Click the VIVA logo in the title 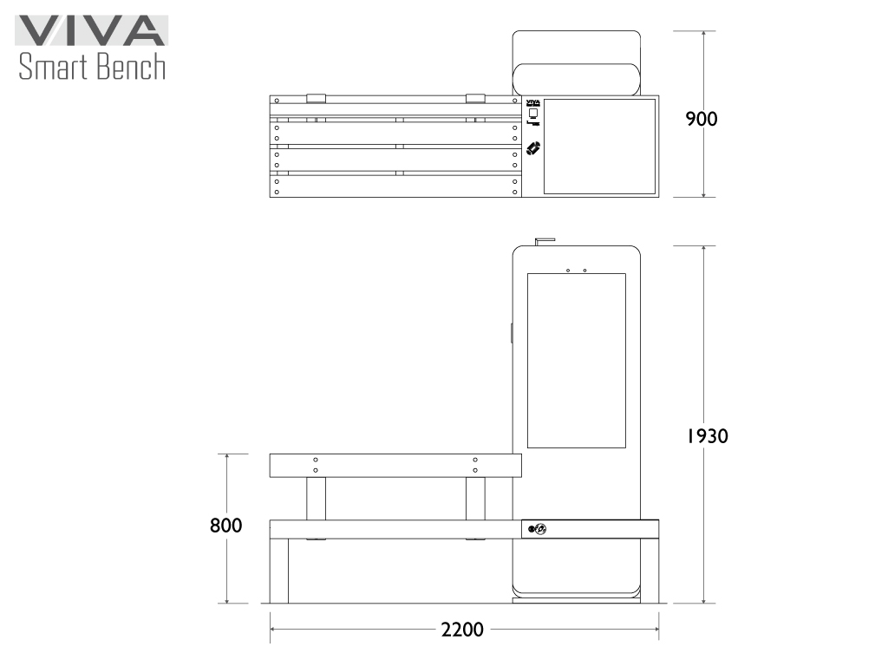tap(91, 30)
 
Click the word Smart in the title tap(53, 66)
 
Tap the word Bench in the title tap(131, 66)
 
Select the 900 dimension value tap(701, 119)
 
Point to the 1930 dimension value tap(708, 436)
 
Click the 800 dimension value tap(226, 526)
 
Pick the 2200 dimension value tap(462, 630)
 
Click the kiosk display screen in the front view tap(577, 361)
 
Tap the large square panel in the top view tap(600, 147)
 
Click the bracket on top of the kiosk tap(545, 242)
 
